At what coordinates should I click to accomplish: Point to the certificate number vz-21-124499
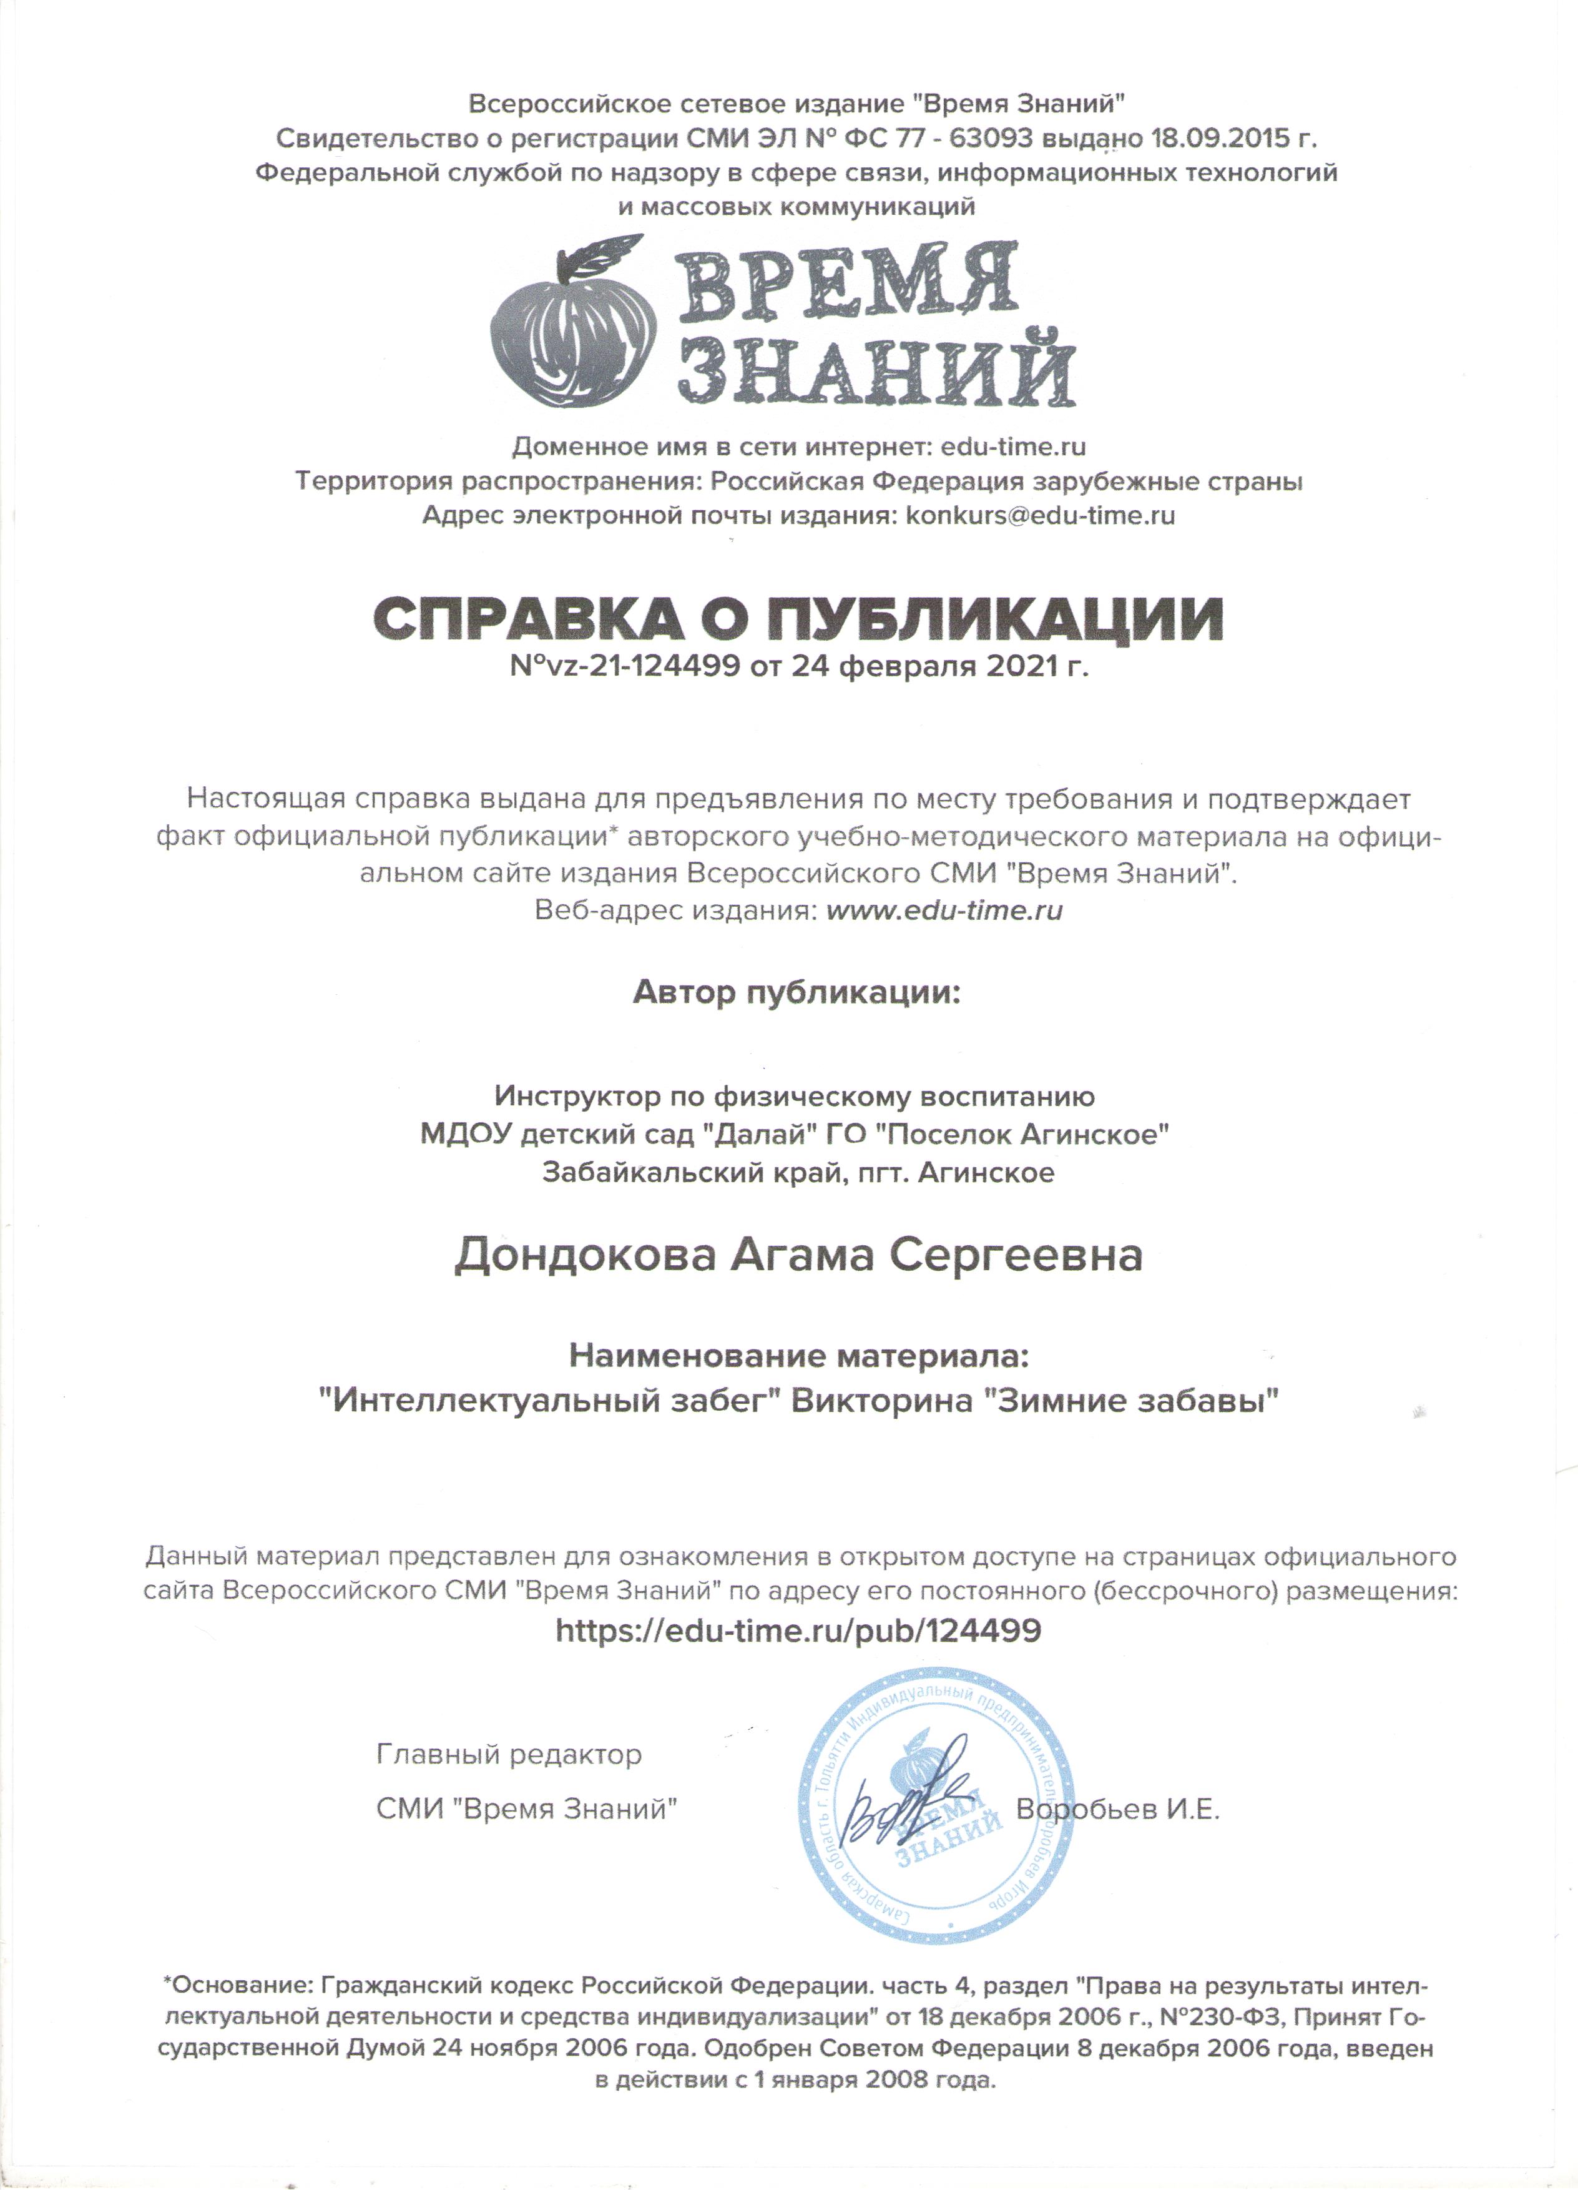click(637, 666)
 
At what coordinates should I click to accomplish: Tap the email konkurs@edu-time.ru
click(1041, 515)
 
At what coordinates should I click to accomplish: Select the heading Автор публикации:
click(797, 993)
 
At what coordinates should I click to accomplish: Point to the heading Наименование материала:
click(799, 1357)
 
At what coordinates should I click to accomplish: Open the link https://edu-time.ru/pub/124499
click(798, 1631)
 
